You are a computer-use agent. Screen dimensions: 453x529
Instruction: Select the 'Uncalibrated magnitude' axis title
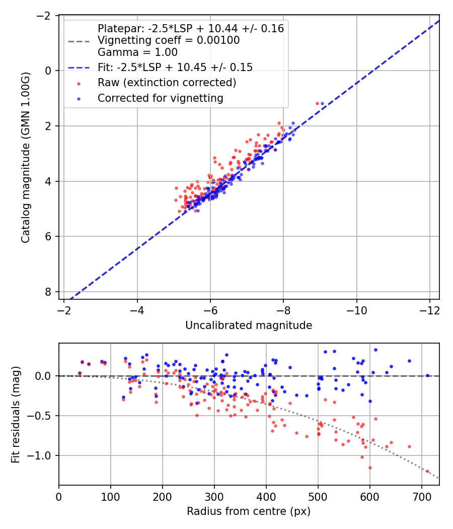click(249, 325)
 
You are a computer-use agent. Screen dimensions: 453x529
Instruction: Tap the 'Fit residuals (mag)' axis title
click(16, 414)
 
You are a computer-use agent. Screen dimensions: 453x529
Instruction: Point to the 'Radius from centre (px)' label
click(249, 511)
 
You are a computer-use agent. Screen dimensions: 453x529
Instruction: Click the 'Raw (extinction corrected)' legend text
click(167, 83)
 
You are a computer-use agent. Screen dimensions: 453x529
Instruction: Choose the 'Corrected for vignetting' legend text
click(161, 98)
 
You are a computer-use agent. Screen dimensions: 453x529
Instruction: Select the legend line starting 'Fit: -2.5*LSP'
click(175, 68)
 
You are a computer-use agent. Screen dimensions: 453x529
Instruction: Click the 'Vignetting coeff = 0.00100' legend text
click(169, 40)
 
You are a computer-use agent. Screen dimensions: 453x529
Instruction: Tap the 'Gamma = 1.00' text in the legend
click(137, 52)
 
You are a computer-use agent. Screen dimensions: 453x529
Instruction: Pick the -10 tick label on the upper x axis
click(356, 310)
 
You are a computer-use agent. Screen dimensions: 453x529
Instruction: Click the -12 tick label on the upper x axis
click(430, 310)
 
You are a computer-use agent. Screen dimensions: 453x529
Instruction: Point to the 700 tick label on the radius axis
click(422, 497)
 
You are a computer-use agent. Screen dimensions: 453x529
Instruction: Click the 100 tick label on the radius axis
click(111, 497)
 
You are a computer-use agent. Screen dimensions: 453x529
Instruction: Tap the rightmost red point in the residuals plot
click(427, 471)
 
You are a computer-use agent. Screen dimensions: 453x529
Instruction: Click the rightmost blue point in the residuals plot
click(427, 375)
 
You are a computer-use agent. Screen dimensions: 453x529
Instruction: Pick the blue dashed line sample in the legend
click(79, 68)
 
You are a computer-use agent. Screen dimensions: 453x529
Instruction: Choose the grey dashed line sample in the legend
click(79, 41)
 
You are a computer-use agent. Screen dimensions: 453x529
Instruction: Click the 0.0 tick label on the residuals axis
click(44, 376)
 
